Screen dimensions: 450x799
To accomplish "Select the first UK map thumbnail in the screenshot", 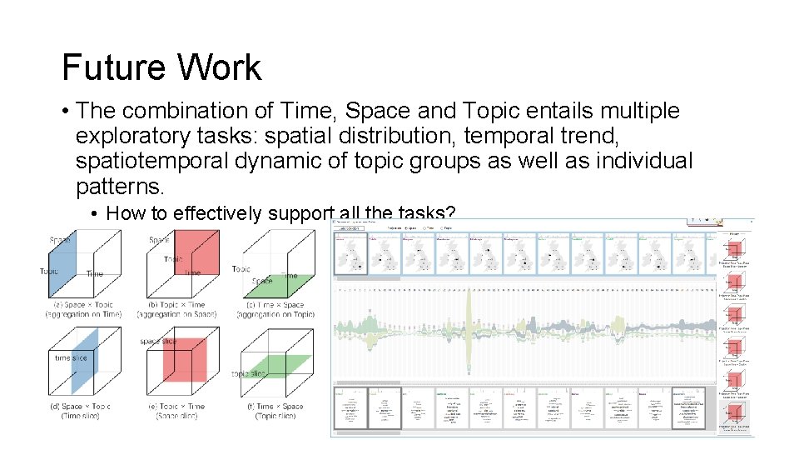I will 350,253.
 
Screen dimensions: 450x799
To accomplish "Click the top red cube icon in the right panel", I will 733,247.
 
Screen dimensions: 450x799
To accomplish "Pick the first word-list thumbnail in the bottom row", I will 350,408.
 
